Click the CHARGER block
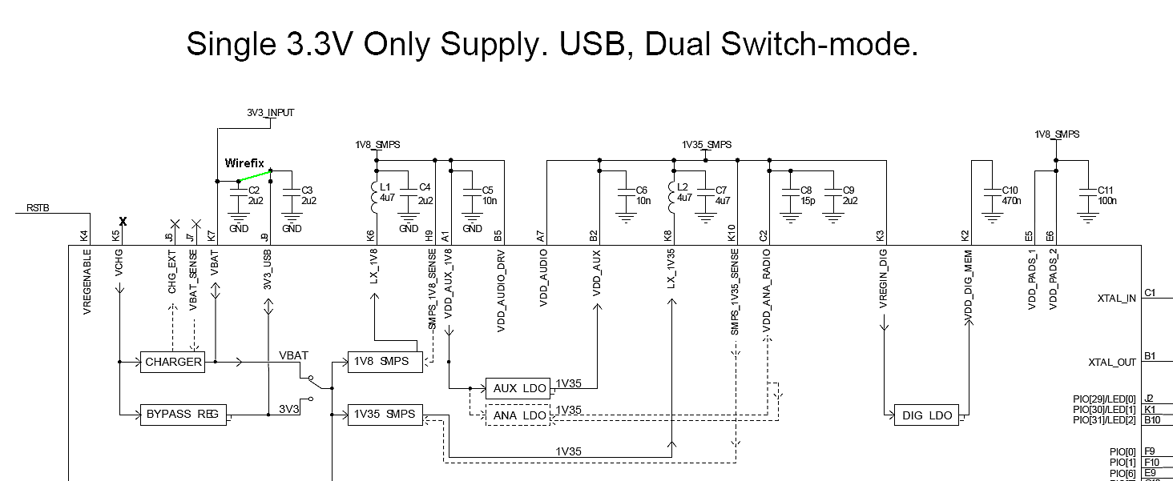[173, 362]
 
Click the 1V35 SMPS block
[384, 415]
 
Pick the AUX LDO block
[519, 389]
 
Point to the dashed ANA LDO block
[519, 415]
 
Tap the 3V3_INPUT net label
[270, 113]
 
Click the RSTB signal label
[38, 207]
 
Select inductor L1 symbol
[373, 197]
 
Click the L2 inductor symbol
[672, 197]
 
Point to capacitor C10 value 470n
[1012, 201]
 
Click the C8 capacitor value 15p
[807, 201]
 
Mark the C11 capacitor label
[1105, 190]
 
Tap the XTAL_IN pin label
[1116, 299]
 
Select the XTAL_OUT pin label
[1112, 362]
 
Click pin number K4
[85, 236]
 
